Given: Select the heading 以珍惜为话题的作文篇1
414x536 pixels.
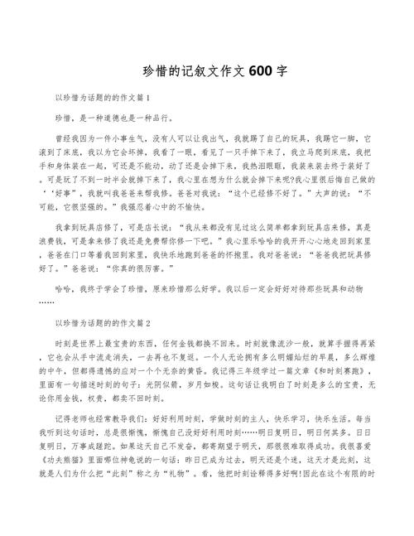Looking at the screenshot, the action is (x=102, y=98).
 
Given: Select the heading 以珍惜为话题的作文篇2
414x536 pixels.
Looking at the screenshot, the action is (x=102, y=322).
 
